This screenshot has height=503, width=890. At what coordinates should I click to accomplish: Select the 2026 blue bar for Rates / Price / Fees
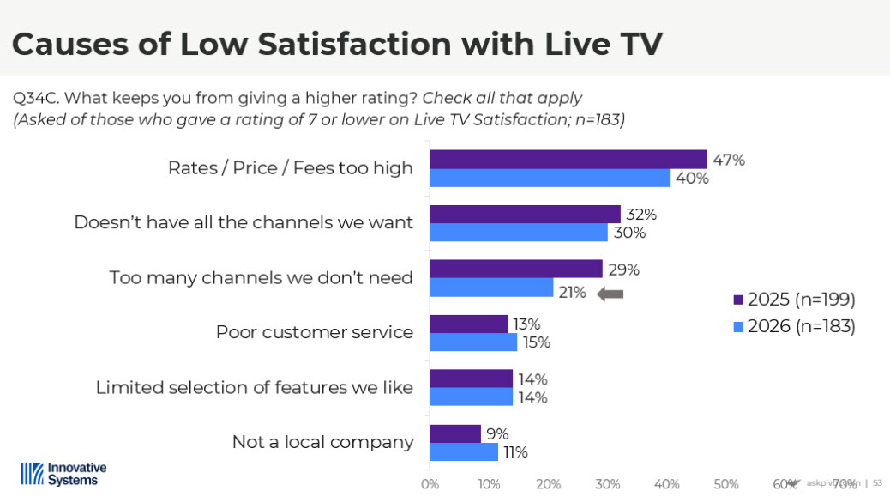pyautogui.click(x=549, y=178)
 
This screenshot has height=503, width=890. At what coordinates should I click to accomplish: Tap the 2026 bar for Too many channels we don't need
pyautogui.click(x=491, y=288)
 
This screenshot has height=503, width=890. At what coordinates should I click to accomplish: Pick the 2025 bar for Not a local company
pyautogui.click(x=455, y=433)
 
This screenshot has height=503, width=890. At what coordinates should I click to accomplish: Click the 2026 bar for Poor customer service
pyautogui.click(x=473, y=342)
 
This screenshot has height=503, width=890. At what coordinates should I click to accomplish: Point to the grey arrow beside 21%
pyautogui.click(x=610, y=294)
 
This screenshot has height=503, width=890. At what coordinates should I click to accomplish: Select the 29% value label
pyautogui.click(x=623, y=270)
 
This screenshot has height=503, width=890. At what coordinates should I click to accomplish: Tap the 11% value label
pyautogui.click(x=514, y=452)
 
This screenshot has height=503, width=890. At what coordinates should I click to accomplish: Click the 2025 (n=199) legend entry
pyautogui.click(x=795, y=300)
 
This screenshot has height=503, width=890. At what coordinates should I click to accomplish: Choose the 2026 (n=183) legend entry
pyautogui.click(x=795, y=326)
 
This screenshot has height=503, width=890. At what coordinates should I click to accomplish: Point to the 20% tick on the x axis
pyautogui.click(x=548, y=483)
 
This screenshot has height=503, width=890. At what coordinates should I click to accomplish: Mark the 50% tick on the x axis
pyautogui.click(x=726, y=483)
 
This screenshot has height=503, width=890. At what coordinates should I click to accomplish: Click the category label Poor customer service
pyautogui.click(x=314, y=332)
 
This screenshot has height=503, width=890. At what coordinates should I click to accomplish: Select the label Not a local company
pyautogui.click(x=322, y=442)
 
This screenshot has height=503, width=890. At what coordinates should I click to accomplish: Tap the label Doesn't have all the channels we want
pyautogui.click(x=244, y=222)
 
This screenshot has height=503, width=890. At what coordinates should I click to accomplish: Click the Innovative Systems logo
pyautogui.click(x=63, y=474)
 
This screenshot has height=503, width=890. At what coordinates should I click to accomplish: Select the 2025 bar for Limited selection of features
pyautogui.click(x=471, y=379)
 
